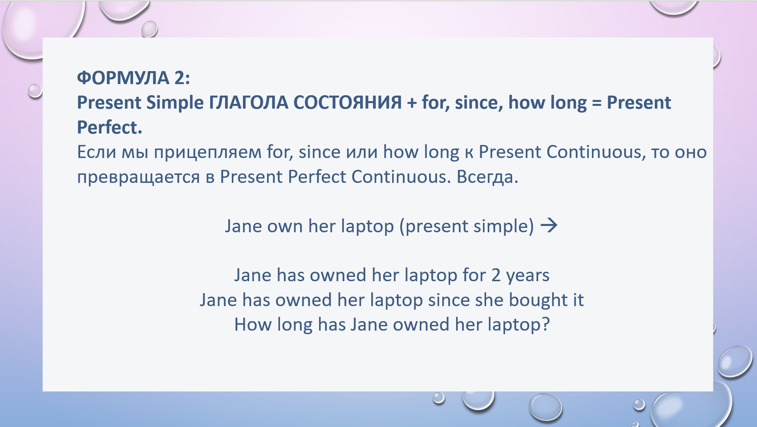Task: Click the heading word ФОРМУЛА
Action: click(123, 78)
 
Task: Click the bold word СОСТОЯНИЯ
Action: click(348, 103)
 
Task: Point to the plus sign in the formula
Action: click(411, 103)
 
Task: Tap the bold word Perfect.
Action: click(109, 127)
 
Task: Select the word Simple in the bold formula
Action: click(175, 103)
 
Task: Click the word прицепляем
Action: click(208, 152)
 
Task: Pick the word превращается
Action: click(139, 177)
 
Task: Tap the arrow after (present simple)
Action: click(549, 226)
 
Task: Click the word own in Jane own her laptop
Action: click(285, 226)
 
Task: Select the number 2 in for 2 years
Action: click(496, 275)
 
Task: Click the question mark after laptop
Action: click(545, 324)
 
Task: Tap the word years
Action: click(528, 276)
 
